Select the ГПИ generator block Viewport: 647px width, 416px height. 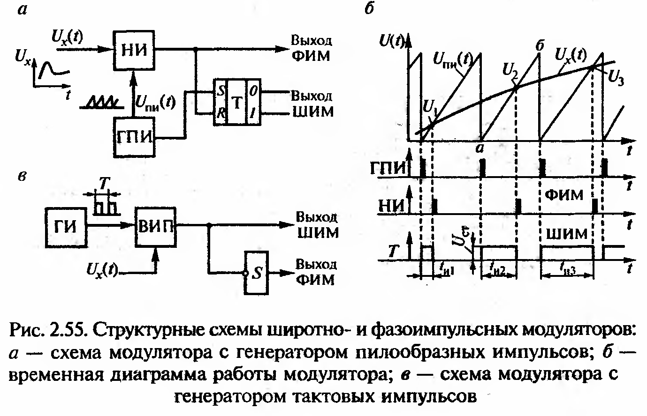(134, 136)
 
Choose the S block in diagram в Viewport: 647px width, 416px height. (256, 274)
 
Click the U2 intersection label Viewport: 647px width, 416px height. (509, 71)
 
